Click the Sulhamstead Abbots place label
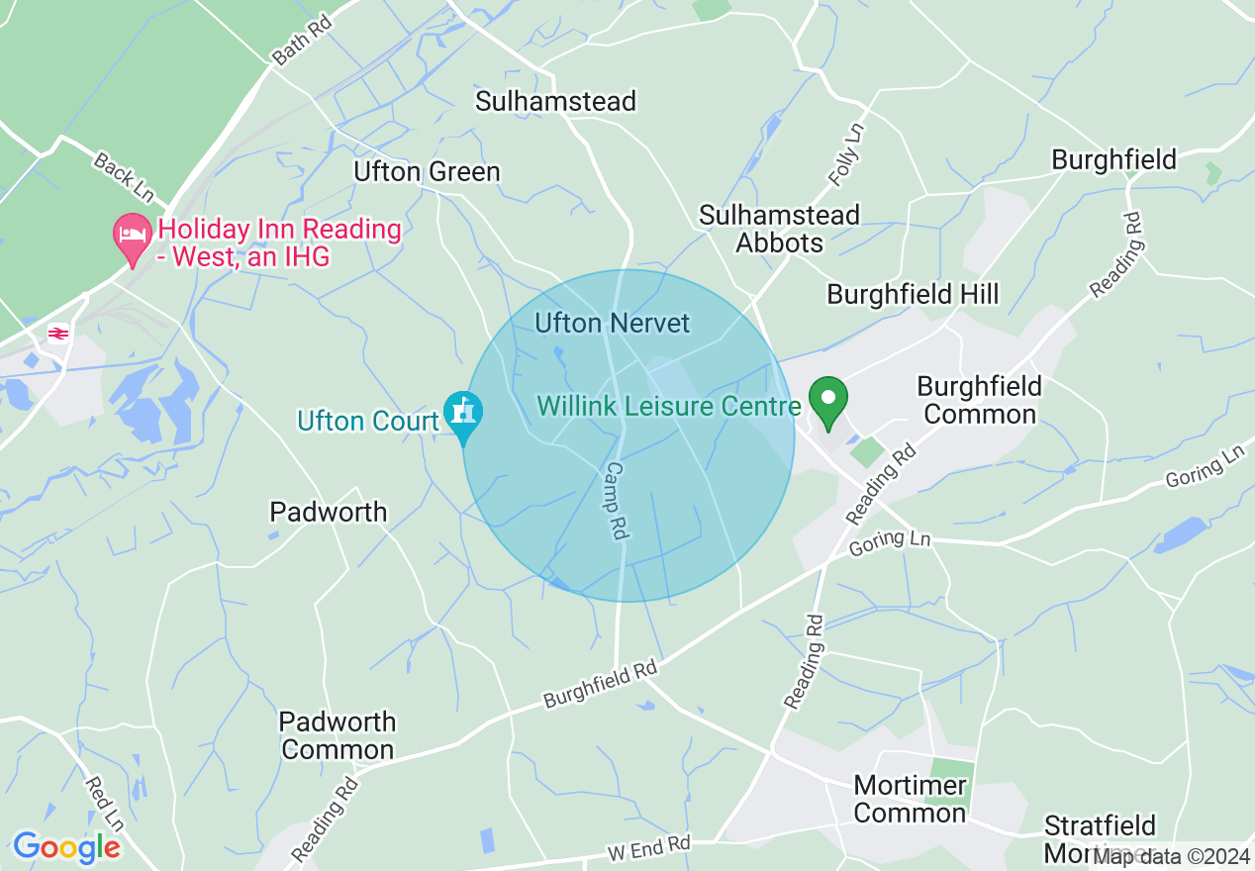pos(779,229)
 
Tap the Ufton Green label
pos(427,172)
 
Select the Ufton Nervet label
pos(612,323)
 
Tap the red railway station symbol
pos(58,334)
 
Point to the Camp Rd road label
pos(617,501)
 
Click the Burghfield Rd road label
pos(600,685)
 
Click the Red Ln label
pos(104,803)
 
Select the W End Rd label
pos(648,847)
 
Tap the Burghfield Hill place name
pos(913,294)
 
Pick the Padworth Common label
pos(338,735)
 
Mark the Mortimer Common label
pos(910,800)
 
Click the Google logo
pos(66,847)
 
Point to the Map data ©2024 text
pos(1171,856)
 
